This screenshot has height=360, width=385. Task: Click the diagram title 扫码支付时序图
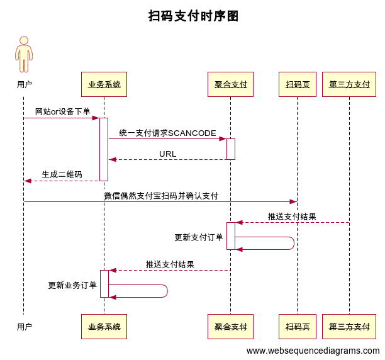193,16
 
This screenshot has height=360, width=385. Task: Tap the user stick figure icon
24,55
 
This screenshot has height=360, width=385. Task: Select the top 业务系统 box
104,84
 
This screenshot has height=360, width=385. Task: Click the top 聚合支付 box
230,84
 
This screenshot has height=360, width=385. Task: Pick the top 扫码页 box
297,84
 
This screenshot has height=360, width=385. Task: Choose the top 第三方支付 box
349,84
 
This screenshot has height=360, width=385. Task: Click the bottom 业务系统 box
104,327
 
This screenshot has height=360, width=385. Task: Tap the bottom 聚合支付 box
230,327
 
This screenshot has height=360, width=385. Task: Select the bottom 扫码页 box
297,327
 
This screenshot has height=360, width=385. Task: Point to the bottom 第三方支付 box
349,327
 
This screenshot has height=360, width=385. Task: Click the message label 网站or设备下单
62,111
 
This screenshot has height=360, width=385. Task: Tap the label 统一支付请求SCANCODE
167,133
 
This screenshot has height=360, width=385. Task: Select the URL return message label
167,154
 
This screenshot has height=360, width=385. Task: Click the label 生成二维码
62,174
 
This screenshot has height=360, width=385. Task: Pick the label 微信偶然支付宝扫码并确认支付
161,196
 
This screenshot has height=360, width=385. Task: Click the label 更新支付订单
198,237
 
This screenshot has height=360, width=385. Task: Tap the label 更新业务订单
72,285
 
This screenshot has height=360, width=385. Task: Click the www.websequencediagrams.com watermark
313,351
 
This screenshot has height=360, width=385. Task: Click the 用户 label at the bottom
24,327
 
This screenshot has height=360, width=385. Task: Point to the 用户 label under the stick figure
24,84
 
